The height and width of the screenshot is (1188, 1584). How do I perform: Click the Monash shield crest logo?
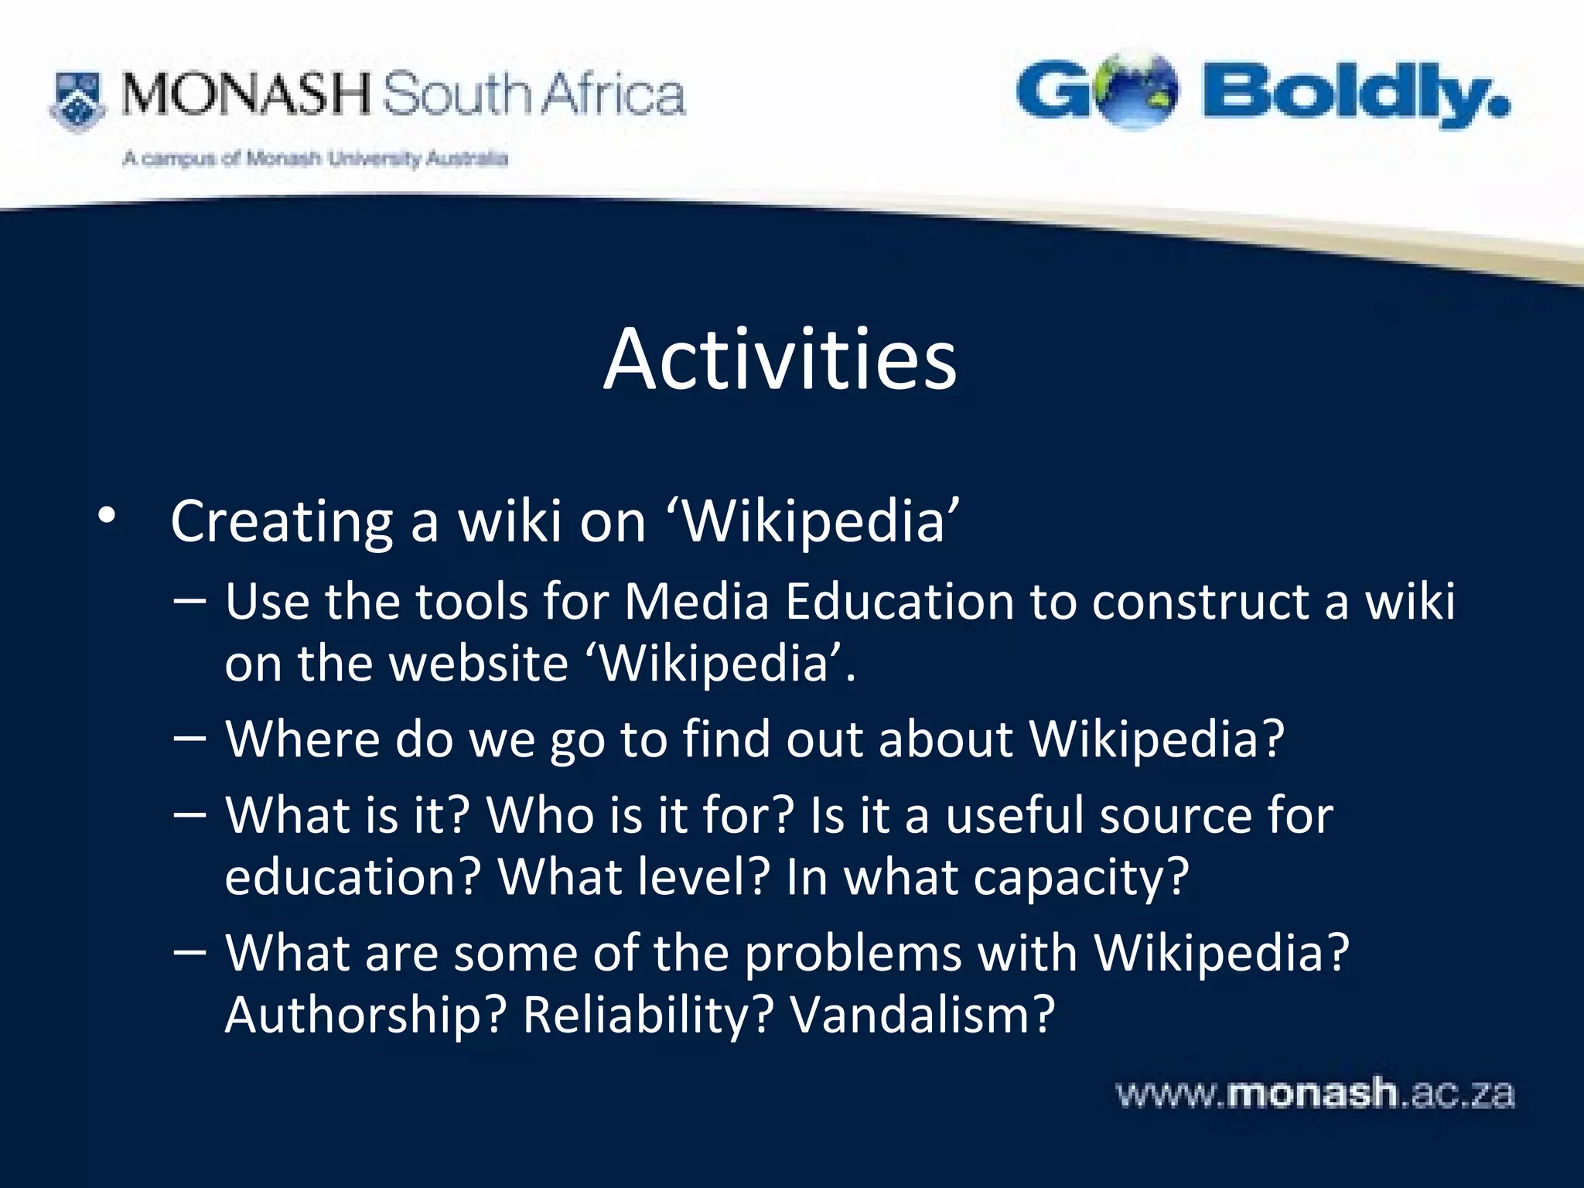pyautogui.click(x=77, y=101)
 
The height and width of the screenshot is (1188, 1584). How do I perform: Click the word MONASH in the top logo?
pyautogui.click(x=246, y=94)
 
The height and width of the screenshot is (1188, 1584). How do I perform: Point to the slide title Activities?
pyautogui.click(x=780, y=360)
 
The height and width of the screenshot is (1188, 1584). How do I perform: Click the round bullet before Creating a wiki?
pyautogui.click(x=107, y=517)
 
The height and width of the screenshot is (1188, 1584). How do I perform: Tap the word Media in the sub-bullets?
pyautogui.click(x=696, y=601)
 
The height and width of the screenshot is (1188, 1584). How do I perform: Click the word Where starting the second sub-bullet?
pyautogui.click(x=302, y=739)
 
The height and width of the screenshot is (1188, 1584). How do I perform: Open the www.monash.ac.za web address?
pyautogui.click(x=1314, y=1094)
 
